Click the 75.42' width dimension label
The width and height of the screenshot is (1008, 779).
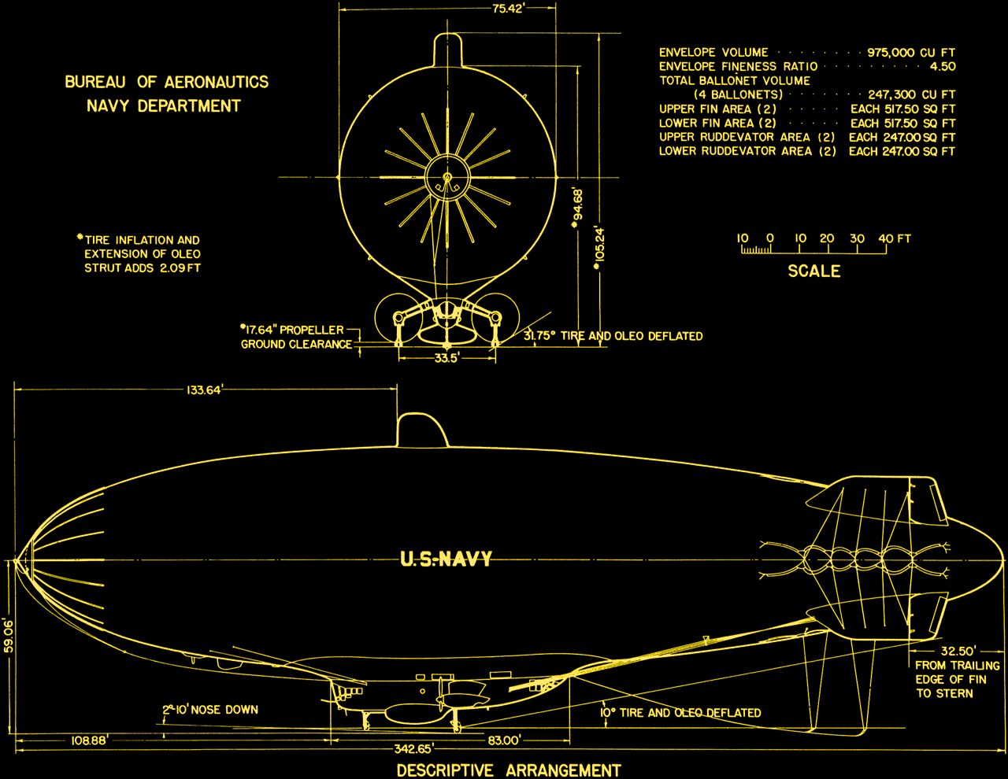tap(508, 9)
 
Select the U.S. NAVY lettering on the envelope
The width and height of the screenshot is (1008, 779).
tap(446, 559)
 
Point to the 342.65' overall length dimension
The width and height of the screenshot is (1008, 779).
tap(413, 748)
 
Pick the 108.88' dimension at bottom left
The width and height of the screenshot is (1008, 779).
tap(89, 740)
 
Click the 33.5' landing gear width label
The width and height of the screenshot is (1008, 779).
tap(447, 358)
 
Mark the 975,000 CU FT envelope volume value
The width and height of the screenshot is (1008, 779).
tap(911, 53)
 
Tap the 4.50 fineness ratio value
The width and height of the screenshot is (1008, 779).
tap(942, 67)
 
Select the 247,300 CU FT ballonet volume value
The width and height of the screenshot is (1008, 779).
tap(912, 94)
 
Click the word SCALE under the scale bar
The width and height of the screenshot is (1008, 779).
tap(814, 271)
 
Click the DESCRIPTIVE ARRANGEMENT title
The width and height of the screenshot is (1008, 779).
tap(509, 770)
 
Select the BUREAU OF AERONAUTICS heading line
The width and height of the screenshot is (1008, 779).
tap(166, 82)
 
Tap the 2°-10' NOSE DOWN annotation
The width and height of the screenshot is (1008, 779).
tap(210, 710)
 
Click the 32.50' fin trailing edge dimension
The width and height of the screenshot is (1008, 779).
tap(958, 651)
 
